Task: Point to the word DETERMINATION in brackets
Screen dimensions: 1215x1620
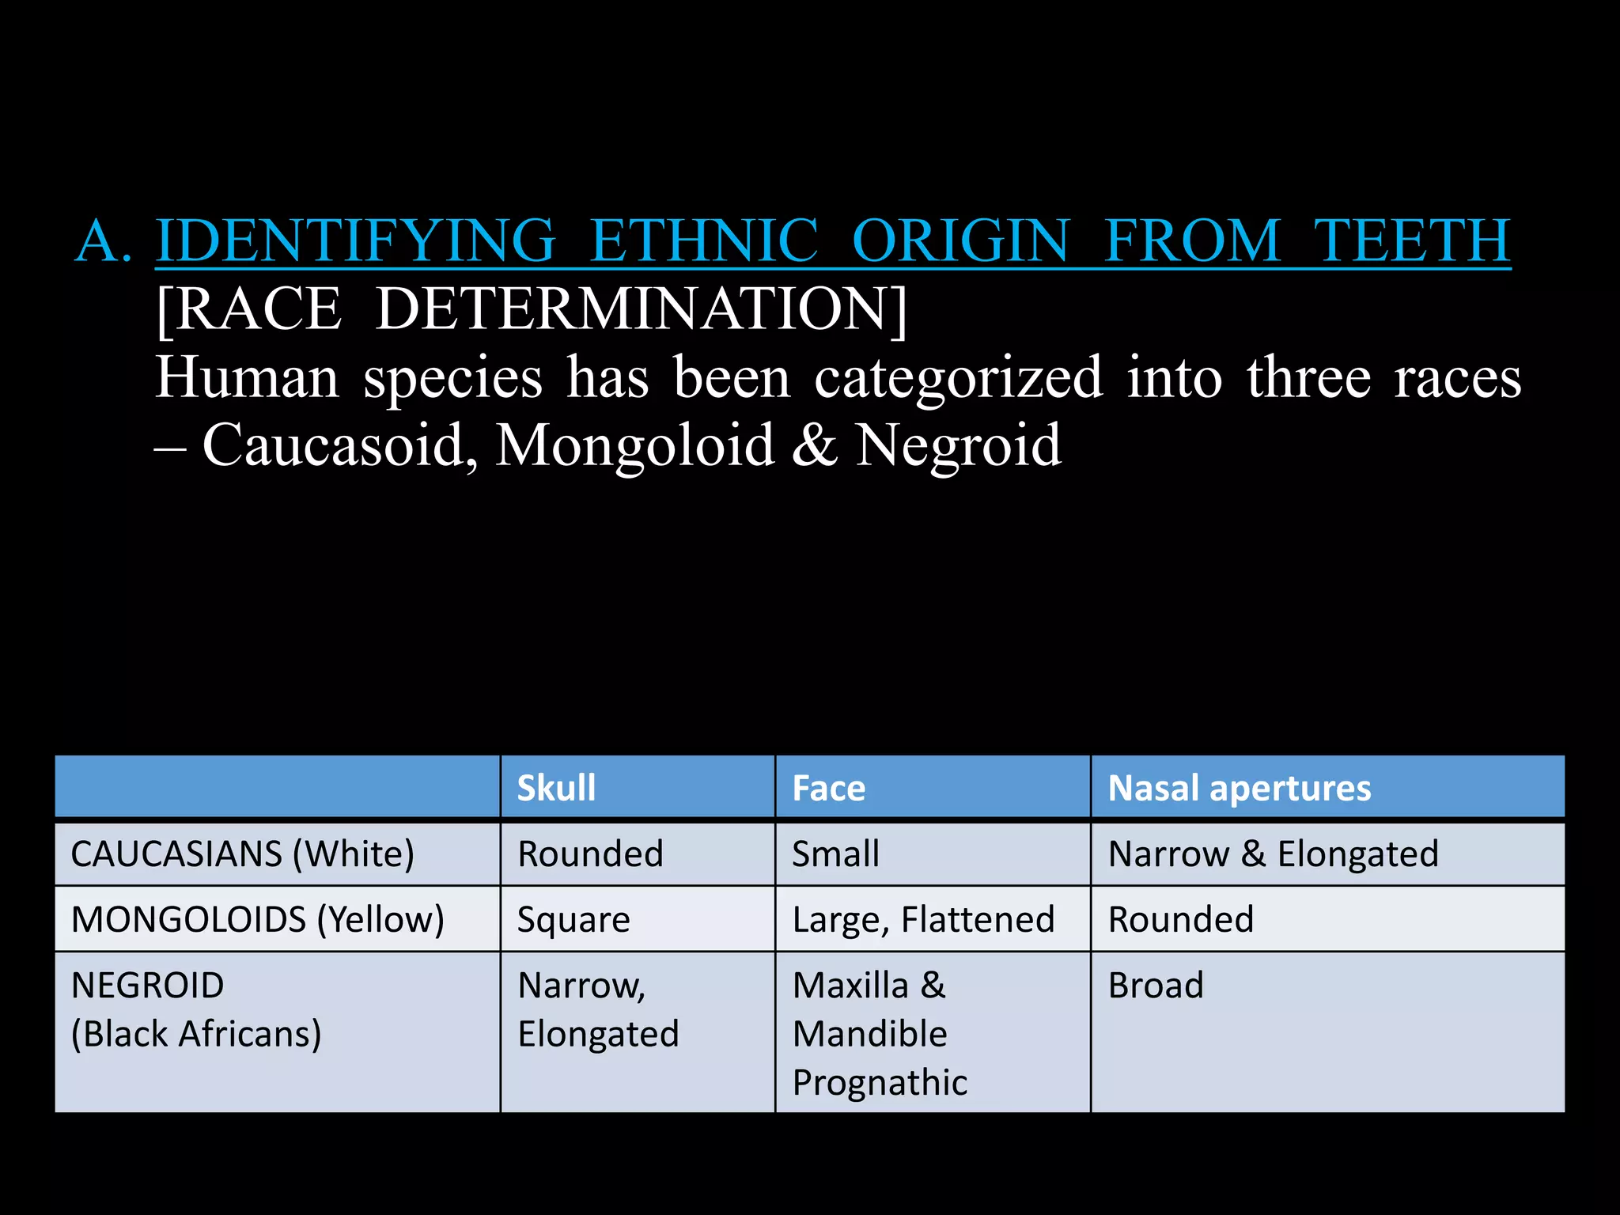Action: pos(641,309)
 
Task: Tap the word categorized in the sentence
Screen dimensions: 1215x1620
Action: pos(958,378)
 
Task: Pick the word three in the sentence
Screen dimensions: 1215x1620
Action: pos(1308,378)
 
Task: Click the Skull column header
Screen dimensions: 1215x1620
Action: pos(556,788)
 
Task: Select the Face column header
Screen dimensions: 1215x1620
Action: pos(829,788)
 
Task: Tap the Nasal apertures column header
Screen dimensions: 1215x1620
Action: pos(1240,788)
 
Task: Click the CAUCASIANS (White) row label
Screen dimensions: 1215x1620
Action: pos(242,854)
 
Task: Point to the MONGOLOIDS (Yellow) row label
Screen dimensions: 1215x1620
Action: pos(257,920)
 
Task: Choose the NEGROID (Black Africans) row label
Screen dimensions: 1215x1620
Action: pos(196,1009)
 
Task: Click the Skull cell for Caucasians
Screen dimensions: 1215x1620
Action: pos(590,854)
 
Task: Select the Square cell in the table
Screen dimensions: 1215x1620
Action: pos(573,920)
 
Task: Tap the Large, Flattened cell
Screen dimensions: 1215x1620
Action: pos(923,920)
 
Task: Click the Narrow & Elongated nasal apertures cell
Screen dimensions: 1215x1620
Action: pos(1273,854)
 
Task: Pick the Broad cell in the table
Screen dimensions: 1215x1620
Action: pos(1156,986)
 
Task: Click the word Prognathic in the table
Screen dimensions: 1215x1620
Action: pos(880,1083)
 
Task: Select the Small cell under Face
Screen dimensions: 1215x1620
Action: pos(835,854)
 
